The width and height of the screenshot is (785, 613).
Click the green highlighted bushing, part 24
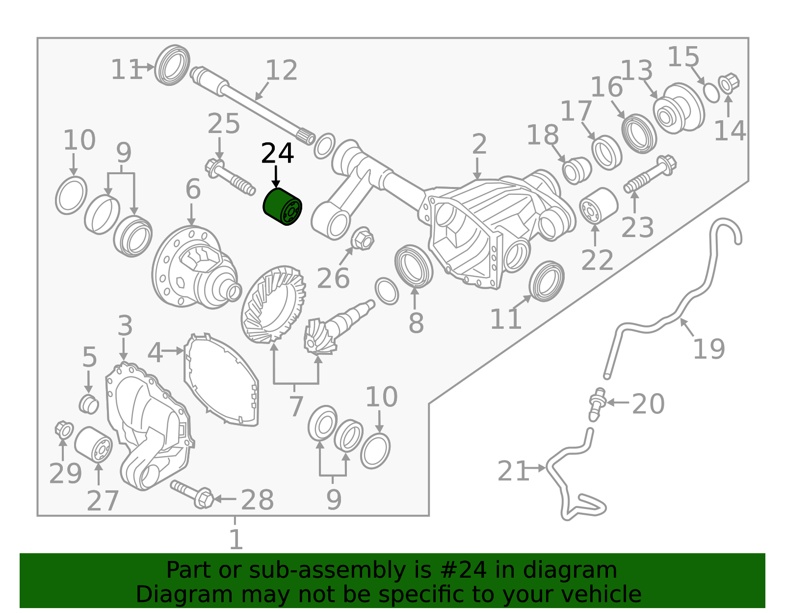(x=282, y=207)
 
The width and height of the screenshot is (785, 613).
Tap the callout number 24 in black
(x=277, y=154)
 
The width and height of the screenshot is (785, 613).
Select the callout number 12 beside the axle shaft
(x=282, y=70)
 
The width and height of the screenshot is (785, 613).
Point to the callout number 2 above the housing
(x=479, y=144)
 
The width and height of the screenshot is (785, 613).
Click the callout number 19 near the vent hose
(x=709, y=349)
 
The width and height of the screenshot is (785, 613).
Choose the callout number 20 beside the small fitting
(x=648, y=404)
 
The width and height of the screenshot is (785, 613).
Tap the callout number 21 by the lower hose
(x=513, y=471)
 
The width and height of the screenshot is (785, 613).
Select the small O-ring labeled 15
(x=712, y=93)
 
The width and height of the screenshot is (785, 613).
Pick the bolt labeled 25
(x=230, y=177)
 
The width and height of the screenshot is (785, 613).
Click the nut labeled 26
(x=363, y=239)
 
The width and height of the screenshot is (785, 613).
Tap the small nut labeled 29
(x=64, y=430)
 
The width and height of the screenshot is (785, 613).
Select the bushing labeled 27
(x=93, y=445)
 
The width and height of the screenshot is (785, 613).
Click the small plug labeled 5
(x=89, y=404)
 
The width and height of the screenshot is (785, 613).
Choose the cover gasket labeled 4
(x=221, y=380)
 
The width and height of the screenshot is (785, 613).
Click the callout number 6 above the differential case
(x=193, y=189)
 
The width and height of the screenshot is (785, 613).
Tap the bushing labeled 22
(x=599, y=206)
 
